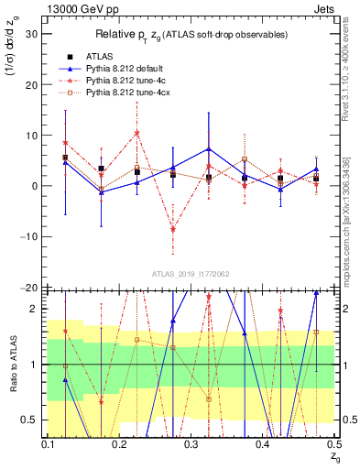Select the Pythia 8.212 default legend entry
click(x=125, y=68)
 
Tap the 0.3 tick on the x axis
click(x=191, y=443)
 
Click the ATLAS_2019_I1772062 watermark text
click(x=191, y=273)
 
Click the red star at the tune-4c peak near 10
click(x=136, y=133)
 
